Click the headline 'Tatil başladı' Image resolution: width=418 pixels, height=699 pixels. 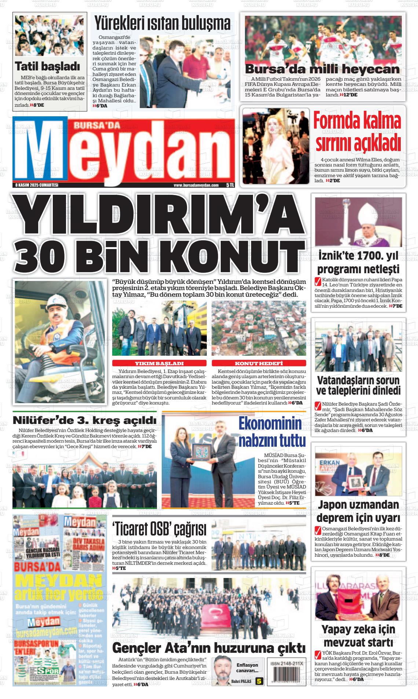pos(47,66)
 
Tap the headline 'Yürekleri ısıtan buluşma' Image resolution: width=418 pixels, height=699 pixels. pos(162,24)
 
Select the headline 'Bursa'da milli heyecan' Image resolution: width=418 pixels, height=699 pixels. pos(322,69)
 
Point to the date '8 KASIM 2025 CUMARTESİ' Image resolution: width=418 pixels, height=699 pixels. pos(37,185)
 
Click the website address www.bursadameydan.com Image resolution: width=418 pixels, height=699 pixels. pos(196,186)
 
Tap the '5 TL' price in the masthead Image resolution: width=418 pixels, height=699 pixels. pos(230,185)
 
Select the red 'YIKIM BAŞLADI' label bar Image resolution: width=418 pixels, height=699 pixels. pos(159,363)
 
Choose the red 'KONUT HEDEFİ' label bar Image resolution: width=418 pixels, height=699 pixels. pos(258,363)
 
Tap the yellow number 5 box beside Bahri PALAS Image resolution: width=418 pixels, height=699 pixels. pos(260,681)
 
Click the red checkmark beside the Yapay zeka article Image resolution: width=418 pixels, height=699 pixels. pos(318,654)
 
